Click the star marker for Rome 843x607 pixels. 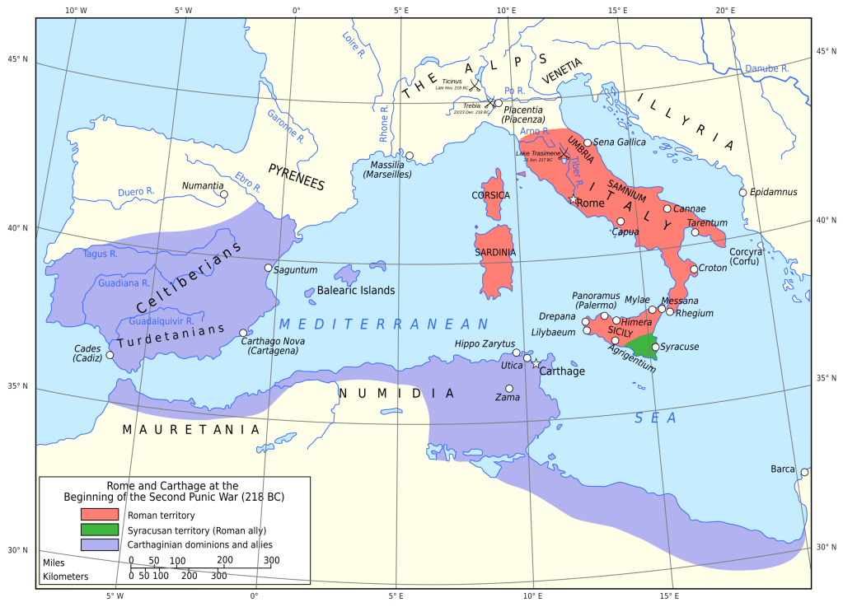(x=573, y=199)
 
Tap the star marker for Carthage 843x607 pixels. (x=535, y=363)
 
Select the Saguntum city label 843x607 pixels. (x=295, y=269)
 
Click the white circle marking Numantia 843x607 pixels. (x=223, y=194)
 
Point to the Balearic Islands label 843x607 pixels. (x=357, y=291)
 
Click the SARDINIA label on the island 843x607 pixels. (x=494, y=252)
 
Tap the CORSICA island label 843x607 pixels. (x=490, y=195)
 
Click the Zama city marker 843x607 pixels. (x=509, y=388)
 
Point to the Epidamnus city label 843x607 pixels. (x=774, y=192)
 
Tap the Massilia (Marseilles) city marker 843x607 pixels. (x=409, y=155)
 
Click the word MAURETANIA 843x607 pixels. (x=190, y=429)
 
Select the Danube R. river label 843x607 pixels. (x=766, y=68)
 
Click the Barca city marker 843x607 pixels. (x=804, y=472)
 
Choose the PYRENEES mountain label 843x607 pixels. (x=296, y=177)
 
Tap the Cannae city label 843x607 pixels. (x=690, y=208)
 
